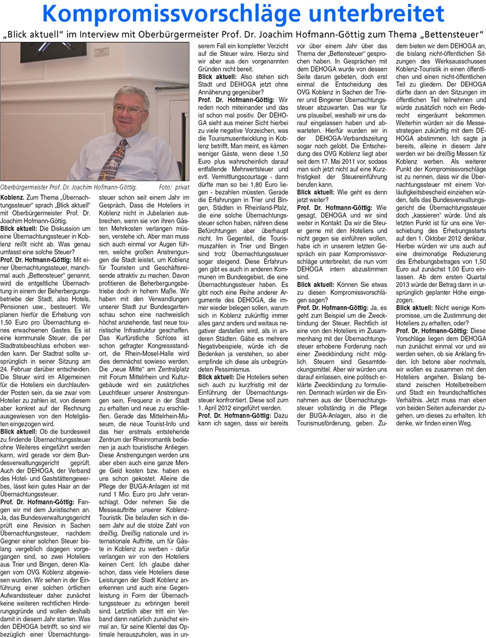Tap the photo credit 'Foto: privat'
tap(174, 187)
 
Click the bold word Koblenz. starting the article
tap(13, 198)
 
